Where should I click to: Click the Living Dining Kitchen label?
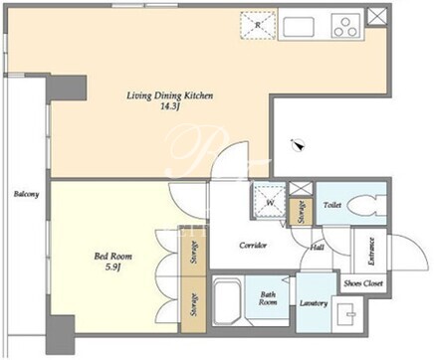click(169, 95)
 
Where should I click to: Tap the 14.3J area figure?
click(170, 107)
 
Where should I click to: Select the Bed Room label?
click(112, 256)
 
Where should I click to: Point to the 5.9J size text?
click(112, 267)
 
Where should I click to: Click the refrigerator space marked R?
click(258, 25)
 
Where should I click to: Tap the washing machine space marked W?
click(270, 202)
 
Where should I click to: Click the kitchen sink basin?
click(298, 27)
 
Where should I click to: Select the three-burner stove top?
click(346, 26)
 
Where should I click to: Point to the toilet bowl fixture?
click(367, 205)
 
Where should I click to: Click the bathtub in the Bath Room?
click(228, 301)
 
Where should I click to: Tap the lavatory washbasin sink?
click(347, 314)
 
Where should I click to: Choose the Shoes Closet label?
click(363, 283)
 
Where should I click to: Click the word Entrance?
click(371, 251)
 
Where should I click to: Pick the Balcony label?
click(26, 194)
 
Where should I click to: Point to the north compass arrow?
click(299, 145)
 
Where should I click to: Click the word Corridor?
click(253, 246)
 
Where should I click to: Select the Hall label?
click(318, 248)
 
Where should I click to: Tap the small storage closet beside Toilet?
click(301, 212)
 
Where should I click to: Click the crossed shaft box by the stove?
click(376, 17)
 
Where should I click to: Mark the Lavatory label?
click(314, 303)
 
